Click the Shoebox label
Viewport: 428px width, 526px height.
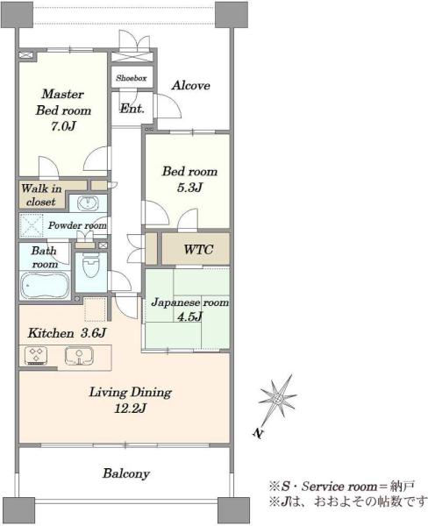coord(132,78)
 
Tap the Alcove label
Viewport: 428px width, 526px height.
coord(190,86)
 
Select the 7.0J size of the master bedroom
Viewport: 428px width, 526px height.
coord(63,126)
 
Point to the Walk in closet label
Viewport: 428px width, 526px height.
coord(41,195)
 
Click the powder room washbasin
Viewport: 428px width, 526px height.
coord(88,203)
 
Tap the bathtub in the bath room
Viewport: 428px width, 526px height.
coord(45,285)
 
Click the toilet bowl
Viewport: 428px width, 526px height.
coord(91,266)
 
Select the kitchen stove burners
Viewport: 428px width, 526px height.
coord(36,356)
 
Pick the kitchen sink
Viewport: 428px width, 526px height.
coord(79,356)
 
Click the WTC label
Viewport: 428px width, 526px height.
coord(198,249)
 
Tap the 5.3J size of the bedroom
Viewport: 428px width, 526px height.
coord(189,188)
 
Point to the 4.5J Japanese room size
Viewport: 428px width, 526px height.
coord(190,316)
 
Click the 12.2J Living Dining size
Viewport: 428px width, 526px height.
coord(131,409)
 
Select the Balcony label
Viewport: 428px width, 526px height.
coord(126,473)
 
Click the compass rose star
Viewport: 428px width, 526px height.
coord(277,399)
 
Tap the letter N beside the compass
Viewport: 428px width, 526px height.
coord(258,433)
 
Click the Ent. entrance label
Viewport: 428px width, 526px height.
coord(132,109)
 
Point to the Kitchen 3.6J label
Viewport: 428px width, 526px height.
coord(67,333)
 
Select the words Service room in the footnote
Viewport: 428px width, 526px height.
coord(339,486)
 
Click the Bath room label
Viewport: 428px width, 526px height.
coord(45,257)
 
